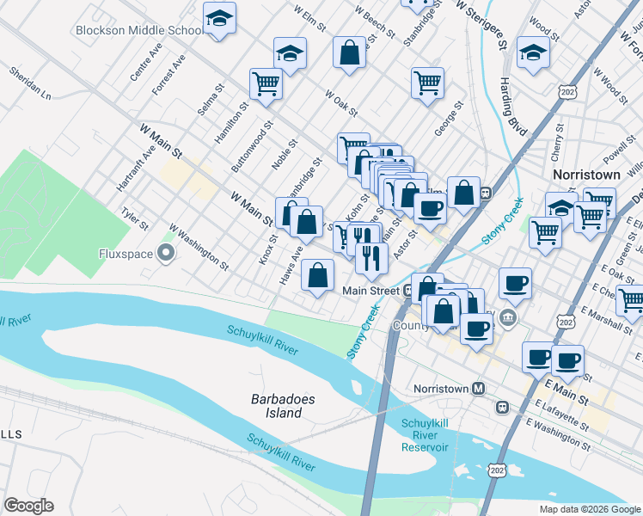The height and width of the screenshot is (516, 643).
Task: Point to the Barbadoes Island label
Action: point(277,406)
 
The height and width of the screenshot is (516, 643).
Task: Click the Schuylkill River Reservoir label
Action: point(424,435)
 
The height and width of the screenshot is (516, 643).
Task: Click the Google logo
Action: point(28,506)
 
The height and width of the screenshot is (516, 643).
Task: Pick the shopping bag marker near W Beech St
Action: point(350,52)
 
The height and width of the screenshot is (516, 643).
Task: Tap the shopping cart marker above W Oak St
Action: point(427,83)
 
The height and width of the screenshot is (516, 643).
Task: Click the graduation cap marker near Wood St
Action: point(534,54)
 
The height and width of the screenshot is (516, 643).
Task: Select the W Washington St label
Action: point(199,248)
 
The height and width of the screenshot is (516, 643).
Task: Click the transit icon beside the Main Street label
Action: point(410,291)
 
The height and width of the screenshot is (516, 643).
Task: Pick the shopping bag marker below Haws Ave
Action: point(318,275)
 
